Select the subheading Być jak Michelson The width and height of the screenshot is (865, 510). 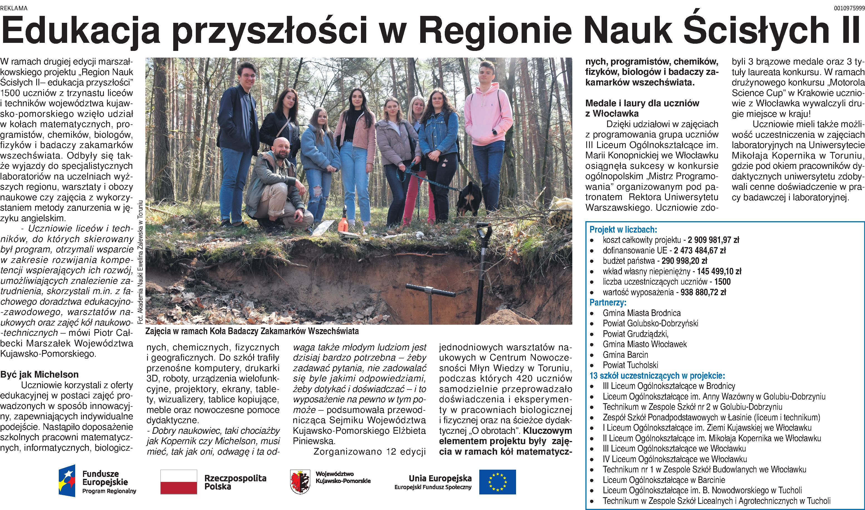point(40,374)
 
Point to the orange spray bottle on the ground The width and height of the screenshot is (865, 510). point(342,222)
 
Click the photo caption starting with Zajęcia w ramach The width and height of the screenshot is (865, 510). point(252,331)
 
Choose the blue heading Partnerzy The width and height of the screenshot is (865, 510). point(608,302)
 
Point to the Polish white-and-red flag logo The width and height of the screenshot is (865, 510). point(179,482)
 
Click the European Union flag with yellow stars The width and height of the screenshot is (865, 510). point(497,482)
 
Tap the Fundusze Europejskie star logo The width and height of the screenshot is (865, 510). point(67,481)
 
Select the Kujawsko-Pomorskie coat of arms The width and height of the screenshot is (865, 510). point(300,482)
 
